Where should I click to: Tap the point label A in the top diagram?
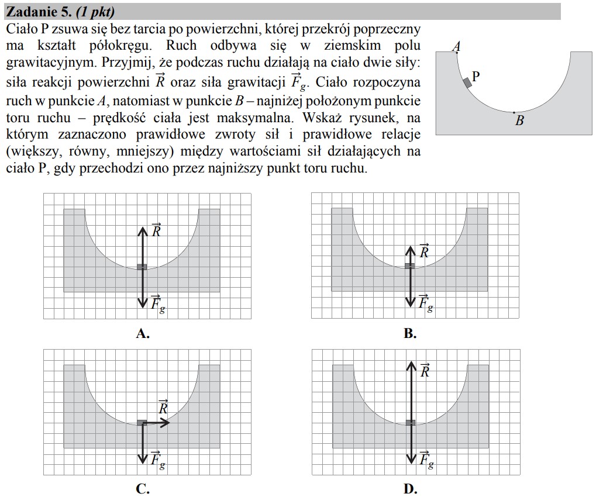click(457, 47)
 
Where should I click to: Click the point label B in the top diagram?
click(519, 121)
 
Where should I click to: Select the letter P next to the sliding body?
click(476, 76)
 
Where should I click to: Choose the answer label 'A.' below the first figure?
click(143, 334)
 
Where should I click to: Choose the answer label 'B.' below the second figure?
click(410, 334)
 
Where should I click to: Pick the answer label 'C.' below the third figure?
click(143, 489)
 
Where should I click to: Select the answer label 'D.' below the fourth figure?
click(410, 489)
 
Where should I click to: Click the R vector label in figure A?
click(156, 230)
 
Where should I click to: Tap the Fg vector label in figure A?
click(157, 302)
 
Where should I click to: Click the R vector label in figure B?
click(425, 251)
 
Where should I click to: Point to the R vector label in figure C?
click(164, 407)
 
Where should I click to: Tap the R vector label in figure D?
click(425, 370)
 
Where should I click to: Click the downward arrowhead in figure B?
click(411, 304)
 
